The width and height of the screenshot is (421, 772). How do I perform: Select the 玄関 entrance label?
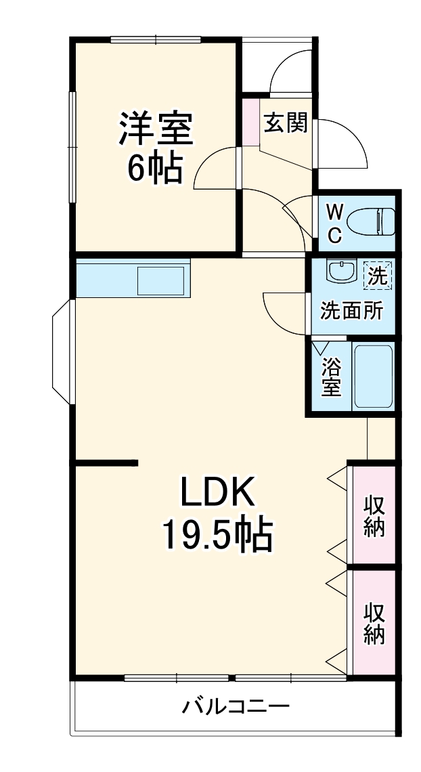click(x=286, y=123)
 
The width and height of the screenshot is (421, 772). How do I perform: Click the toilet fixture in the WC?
click(x=371, y=221)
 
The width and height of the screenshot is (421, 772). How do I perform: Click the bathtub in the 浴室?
click(x=373, y=377)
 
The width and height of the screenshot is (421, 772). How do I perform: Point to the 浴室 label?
click(x=331, y=377)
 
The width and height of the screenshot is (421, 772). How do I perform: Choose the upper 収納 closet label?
click(x=374, y=516)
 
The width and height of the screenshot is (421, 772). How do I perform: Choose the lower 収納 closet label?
click(x=374, y=623)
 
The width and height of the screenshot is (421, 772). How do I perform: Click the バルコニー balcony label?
click(x=235, y=708)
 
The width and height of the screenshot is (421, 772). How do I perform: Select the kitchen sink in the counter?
click(x=161, y=279)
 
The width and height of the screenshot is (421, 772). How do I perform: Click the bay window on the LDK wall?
click(x=63, y=353)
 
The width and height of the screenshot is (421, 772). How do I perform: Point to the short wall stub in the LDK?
click(x=107, y=463)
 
